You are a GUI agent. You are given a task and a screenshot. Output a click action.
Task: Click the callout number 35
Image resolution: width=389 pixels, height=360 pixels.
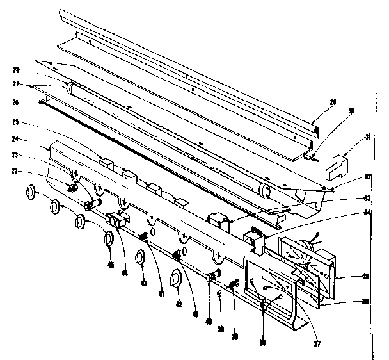(365, 277)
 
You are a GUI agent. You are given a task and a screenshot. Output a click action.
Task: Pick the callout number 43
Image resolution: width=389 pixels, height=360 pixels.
(143, 282)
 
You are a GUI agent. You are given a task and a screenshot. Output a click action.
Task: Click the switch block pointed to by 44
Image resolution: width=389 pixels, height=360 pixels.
(117, 220)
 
